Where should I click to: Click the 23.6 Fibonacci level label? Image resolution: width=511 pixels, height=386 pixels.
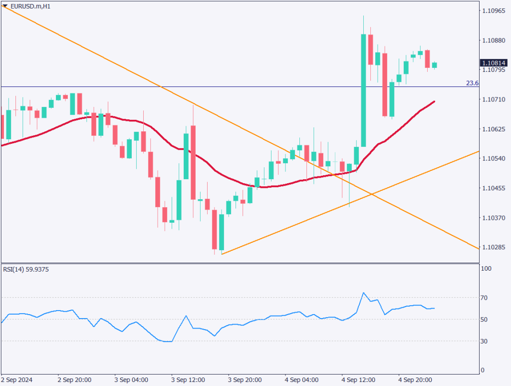[472, 83]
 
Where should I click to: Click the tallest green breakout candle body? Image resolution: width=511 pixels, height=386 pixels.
[364, 90]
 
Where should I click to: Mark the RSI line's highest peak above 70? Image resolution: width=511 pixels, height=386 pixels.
[363, 293]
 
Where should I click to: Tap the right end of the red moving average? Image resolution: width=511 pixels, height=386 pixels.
[434, 101]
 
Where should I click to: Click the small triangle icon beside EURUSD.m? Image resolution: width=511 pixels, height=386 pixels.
[5, 6]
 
